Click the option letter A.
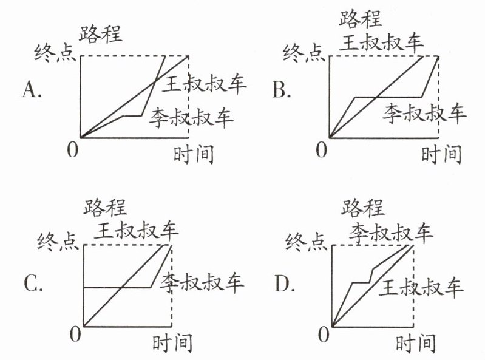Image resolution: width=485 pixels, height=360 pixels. point(31,91)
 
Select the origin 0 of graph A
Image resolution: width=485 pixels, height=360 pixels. point(72,149)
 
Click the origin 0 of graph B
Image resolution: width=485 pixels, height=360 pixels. point(321,149)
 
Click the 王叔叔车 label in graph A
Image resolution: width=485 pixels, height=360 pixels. point(204,85)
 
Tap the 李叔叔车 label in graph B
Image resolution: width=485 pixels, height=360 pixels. point(424,113)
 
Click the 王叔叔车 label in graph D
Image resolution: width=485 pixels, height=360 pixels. point(421,287)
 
